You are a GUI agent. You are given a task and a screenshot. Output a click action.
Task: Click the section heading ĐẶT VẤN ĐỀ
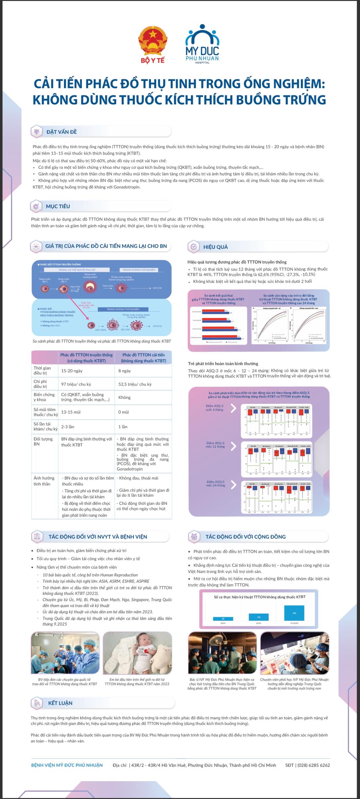[x=61, y=132]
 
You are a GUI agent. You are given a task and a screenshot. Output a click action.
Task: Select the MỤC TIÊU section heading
[x=58, y=206]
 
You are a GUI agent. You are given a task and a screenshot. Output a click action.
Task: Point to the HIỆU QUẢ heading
[x=215, y=247]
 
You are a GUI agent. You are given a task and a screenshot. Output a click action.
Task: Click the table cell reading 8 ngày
[x=125, y=371]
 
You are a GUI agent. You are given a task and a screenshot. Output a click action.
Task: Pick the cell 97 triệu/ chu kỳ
[x=76, y=384]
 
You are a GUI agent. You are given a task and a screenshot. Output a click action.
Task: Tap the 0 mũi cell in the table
[x=124, y=412]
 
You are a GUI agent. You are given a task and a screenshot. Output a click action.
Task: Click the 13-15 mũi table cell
[x=71, y=412]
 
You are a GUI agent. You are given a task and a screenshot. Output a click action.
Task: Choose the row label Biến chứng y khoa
[x=44, y=397]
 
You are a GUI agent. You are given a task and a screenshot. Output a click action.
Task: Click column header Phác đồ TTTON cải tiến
[x=143, y=358]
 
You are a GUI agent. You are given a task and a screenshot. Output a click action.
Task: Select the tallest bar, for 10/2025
[x=294, y=613]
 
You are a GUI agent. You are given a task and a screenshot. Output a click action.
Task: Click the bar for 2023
[x=223, y=619]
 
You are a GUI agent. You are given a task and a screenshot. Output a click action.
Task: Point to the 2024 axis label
[x=259, y=623]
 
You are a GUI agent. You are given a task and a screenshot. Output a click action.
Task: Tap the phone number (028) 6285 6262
[x=313, y=765]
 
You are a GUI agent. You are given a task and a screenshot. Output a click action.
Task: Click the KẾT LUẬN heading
[x=60, y=703]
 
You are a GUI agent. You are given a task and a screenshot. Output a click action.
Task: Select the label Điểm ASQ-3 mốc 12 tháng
[x=215, y=445]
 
